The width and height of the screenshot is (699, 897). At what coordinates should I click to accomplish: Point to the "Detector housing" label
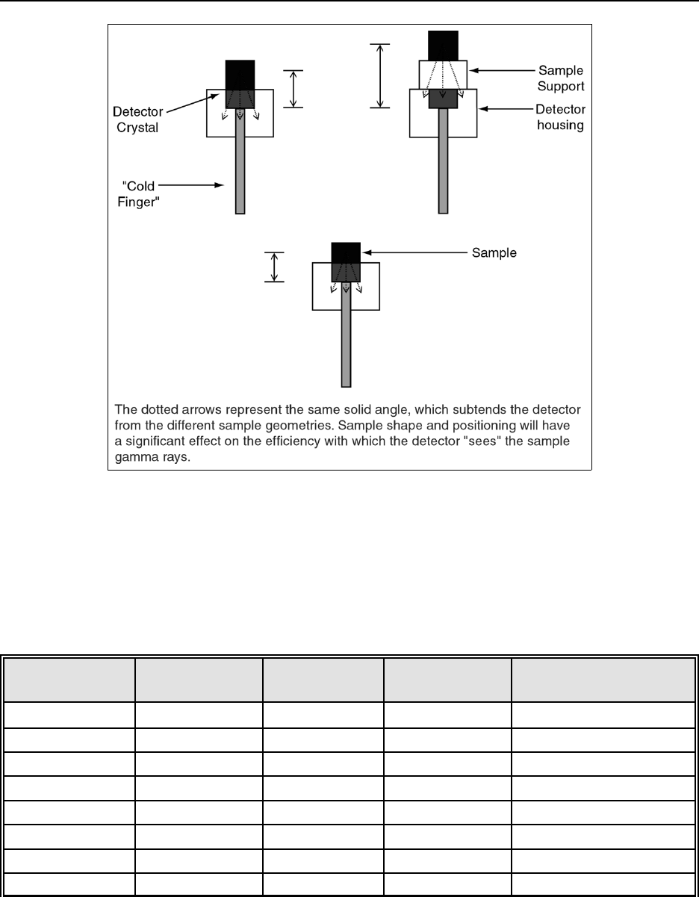(559, 117)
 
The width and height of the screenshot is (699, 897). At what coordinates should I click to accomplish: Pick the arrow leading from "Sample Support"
(503, 69)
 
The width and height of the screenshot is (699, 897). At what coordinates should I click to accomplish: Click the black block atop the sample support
(443, 45)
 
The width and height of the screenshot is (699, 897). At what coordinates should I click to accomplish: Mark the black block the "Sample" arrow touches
(346, 252)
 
